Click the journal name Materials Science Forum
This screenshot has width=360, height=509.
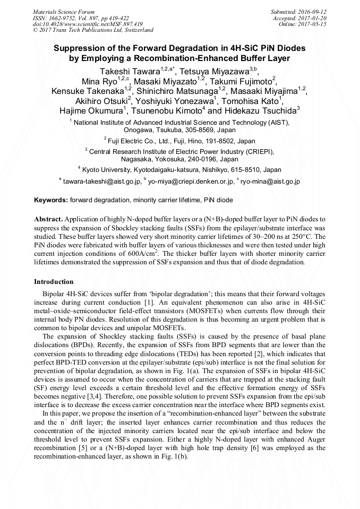[64, 11]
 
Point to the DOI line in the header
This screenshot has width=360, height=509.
[88, 24]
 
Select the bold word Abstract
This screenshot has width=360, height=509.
[48, 219]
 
